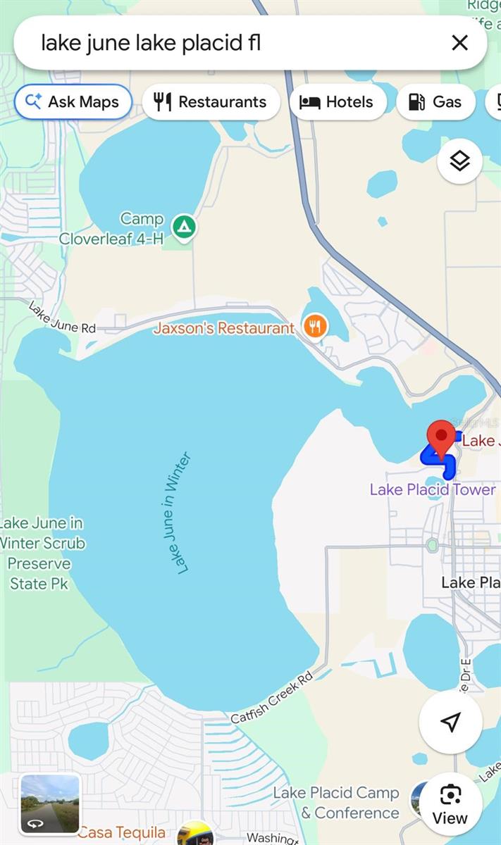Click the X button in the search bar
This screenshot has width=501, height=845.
point(459,43)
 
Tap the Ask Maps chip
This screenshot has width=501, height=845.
point(73,102)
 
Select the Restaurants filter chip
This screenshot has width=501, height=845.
point(211,102)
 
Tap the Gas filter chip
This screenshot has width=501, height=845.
point(435,102)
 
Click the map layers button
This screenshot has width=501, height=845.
point(459,161)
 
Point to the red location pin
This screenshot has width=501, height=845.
point(443,439)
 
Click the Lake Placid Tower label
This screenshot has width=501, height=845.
point(433,489)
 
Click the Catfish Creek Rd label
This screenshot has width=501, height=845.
point(272,699)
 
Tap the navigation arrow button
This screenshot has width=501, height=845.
point(450,722)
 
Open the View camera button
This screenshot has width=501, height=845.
point(450,804)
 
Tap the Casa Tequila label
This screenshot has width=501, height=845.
point(121,833)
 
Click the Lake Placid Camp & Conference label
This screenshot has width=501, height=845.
point(336,803)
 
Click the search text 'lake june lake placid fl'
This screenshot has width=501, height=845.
point(151,43)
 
